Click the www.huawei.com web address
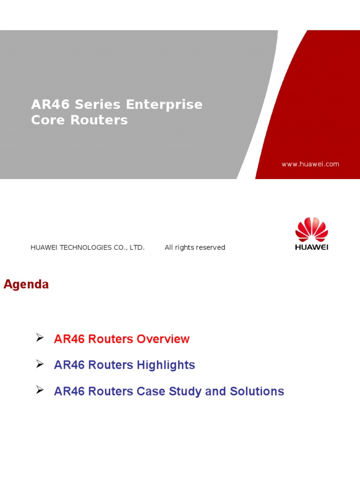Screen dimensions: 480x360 [310, 164]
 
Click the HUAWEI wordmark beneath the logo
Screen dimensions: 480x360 [311, 247]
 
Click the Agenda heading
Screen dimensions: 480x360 [26, 285]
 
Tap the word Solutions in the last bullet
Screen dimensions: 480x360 [256, 391]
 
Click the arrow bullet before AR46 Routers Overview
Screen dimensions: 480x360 [40, 337]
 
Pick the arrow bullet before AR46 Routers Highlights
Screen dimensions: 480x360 [40, 364]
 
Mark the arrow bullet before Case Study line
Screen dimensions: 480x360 [40, 390]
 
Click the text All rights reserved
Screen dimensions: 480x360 [195, 247]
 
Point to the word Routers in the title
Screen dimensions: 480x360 [99, 120]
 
